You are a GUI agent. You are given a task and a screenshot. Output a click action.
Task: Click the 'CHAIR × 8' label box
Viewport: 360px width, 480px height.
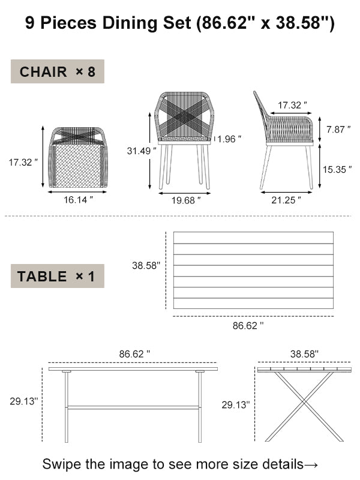pos(58,72)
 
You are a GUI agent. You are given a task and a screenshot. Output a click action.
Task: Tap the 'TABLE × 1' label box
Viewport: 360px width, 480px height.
pos(58,276)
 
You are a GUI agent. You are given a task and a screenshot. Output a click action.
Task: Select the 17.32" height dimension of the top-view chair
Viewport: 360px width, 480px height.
pos(23,161)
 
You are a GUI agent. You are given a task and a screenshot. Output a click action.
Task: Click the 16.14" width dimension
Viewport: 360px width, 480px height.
pos(78,200)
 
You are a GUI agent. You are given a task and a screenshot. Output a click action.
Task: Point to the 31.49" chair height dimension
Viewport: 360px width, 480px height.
pos(137,151)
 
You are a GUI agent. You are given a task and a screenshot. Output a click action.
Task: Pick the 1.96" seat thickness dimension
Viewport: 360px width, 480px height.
pos(229,139)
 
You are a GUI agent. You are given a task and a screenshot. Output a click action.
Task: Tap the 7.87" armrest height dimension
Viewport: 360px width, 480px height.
pos(335,130)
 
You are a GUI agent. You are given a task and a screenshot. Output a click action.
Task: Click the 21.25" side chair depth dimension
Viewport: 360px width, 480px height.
pos(286,200)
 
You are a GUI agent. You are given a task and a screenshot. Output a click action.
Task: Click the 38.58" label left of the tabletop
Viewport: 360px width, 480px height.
pos(146,265)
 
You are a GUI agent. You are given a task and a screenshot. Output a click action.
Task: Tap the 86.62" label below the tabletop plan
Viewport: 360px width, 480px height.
pos(248,326)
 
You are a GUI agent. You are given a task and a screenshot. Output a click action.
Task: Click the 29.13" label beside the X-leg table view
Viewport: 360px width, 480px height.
pos(235,405)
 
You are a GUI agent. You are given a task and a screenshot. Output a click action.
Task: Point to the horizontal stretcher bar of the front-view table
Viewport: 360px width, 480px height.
pos(132,407)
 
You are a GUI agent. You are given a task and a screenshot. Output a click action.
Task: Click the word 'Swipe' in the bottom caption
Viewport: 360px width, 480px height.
pos(62,464)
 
